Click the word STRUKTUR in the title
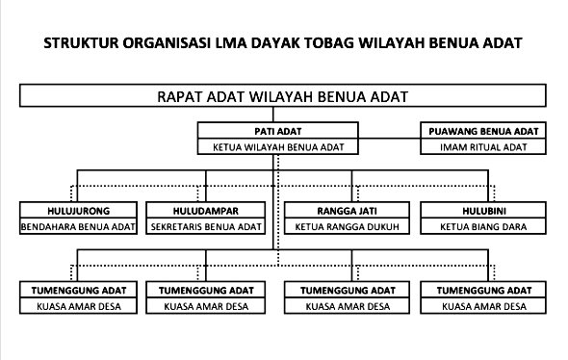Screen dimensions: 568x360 point(81,43)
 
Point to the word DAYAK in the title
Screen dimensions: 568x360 point(275,43)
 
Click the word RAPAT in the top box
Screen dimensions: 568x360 point(179,96)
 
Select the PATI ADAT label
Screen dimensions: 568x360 point(278,131)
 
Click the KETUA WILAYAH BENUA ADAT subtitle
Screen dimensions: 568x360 point(278,147)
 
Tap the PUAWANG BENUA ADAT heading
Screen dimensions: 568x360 point(483,131)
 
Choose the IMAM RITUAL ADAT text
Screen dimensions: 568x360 point(483,147)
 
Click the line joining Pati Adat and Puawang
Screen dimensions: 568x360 point(389,139)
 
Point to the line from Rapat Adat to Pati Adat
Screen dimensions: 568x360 point(273,115)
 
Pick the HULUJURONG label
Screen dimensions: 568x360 point(78,211)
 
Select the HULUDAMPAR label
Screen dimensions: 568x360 point(206,211)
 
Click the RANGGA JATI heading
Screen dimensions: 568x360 point(347,211)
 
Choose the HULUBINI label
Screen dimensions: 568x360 point(484,211)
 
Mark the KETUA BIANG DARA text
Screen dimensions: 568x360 point(483,227)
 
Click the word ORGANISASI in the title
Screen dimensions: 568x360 point(167,43)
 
